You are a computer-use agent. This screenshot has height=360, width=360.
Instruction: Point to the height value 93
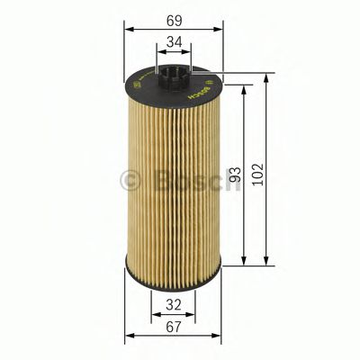pos(237,175)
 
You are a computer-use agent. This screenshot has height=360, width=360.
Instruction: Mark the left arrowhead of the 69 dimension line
pos(125,31)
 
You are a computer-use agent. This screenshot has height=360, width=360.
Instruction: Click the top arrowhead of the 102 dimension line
pos(267,76)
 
